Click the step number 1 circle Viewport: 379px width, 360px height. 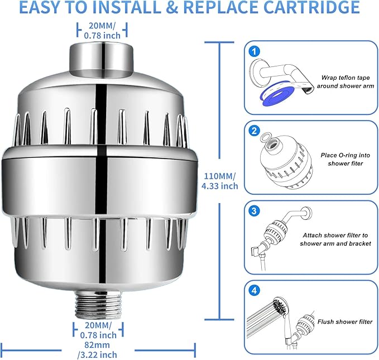point(255,51)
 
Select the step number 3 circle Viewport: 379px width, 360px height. point(255,211)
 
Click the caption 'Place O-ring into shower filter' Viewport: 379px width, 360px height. point(342,159)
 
